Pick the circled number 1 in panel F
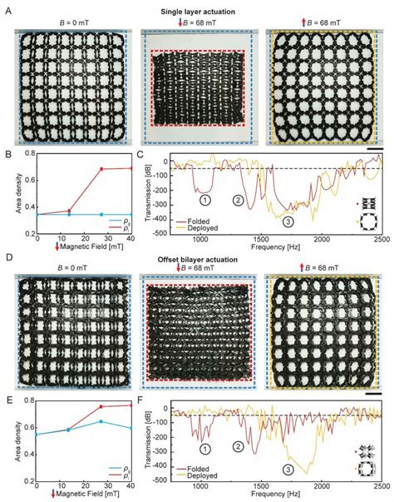tap(205, 449)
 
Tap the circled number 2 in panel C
tap(239, 201)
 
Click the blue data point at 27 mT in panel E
tap(101, 445)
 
